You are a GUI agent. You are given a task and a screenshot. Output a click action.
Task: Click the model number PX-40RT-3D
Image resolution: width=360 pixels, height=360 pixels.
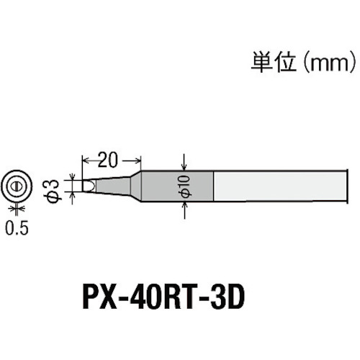(x=163, y=297)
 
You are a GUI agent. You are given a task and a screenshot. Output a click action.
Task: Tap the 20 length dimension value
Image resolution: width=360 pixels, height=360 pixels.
(x=108, y=160)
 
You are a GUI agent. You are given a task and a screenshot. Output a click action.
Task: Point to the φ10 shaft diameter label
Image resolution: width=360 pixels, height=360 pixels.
(x=186, y=186)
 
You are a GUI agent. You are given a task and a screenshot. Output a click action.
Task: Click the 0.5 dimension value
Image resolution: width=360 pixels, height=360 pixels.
(x=17, y=228)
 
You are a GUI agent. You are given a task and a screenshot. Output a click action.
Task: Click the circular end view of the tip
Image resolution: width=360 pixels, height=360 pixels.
(x=17, y=186)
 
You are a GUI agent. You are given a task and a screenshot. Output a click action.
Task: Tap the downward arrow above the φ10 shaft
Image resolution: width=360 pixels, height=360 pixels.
(x=184, y=162)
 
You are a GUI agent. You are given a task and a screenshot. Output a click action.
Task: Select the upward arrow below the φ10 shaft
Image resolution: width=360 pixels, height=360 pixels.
(x=184, y=210)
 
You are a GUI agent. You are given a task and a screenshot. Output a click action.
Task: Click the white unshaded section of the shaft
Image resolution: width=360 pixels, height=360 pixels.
(x=280, y=186)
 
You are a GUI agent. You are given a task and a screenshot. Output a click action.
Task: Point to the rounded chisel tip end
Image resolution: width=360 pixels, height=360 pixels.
(x=89, y=186)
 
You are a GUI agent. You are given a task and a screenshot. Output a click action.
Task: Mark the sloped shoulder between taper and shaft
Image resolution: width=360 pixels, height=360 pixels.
(x=135, y=186)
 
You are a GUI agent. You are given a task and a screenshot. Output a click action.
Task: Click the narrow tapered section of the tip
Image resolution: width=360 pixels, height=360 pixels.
(x=113, y=186)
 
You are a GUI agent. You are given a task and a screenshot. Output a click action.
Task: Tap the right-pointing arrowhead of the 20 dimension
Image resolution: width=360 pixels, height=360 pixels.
(x=138, y=161)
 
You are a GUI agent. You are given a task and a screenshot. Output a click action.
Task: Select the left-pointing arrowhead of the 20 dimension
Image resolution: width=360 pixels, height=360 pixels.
(x=86, y=161)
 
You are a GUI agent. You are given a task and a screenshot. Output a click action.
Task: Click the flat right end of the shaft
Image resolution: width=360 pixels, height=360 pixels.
(x=348, y=186)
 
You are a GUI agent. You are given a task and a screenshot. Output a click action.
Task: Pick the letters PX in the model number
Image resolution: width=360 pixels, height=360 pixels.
(x=99, y=297)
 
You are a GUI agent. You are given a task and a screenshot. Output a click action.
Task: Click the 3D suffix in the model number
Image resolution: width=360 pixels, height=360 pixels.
(x=228, y=297)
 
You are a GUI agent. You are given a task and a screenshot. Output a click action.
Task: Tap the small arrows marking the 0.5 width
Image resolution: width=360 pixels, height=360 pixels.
(x=17, y=208)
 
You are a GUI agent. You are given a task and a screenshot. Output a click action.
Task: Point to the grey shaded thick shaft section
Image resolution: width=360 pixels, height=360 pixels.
(x=177, y=186)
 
